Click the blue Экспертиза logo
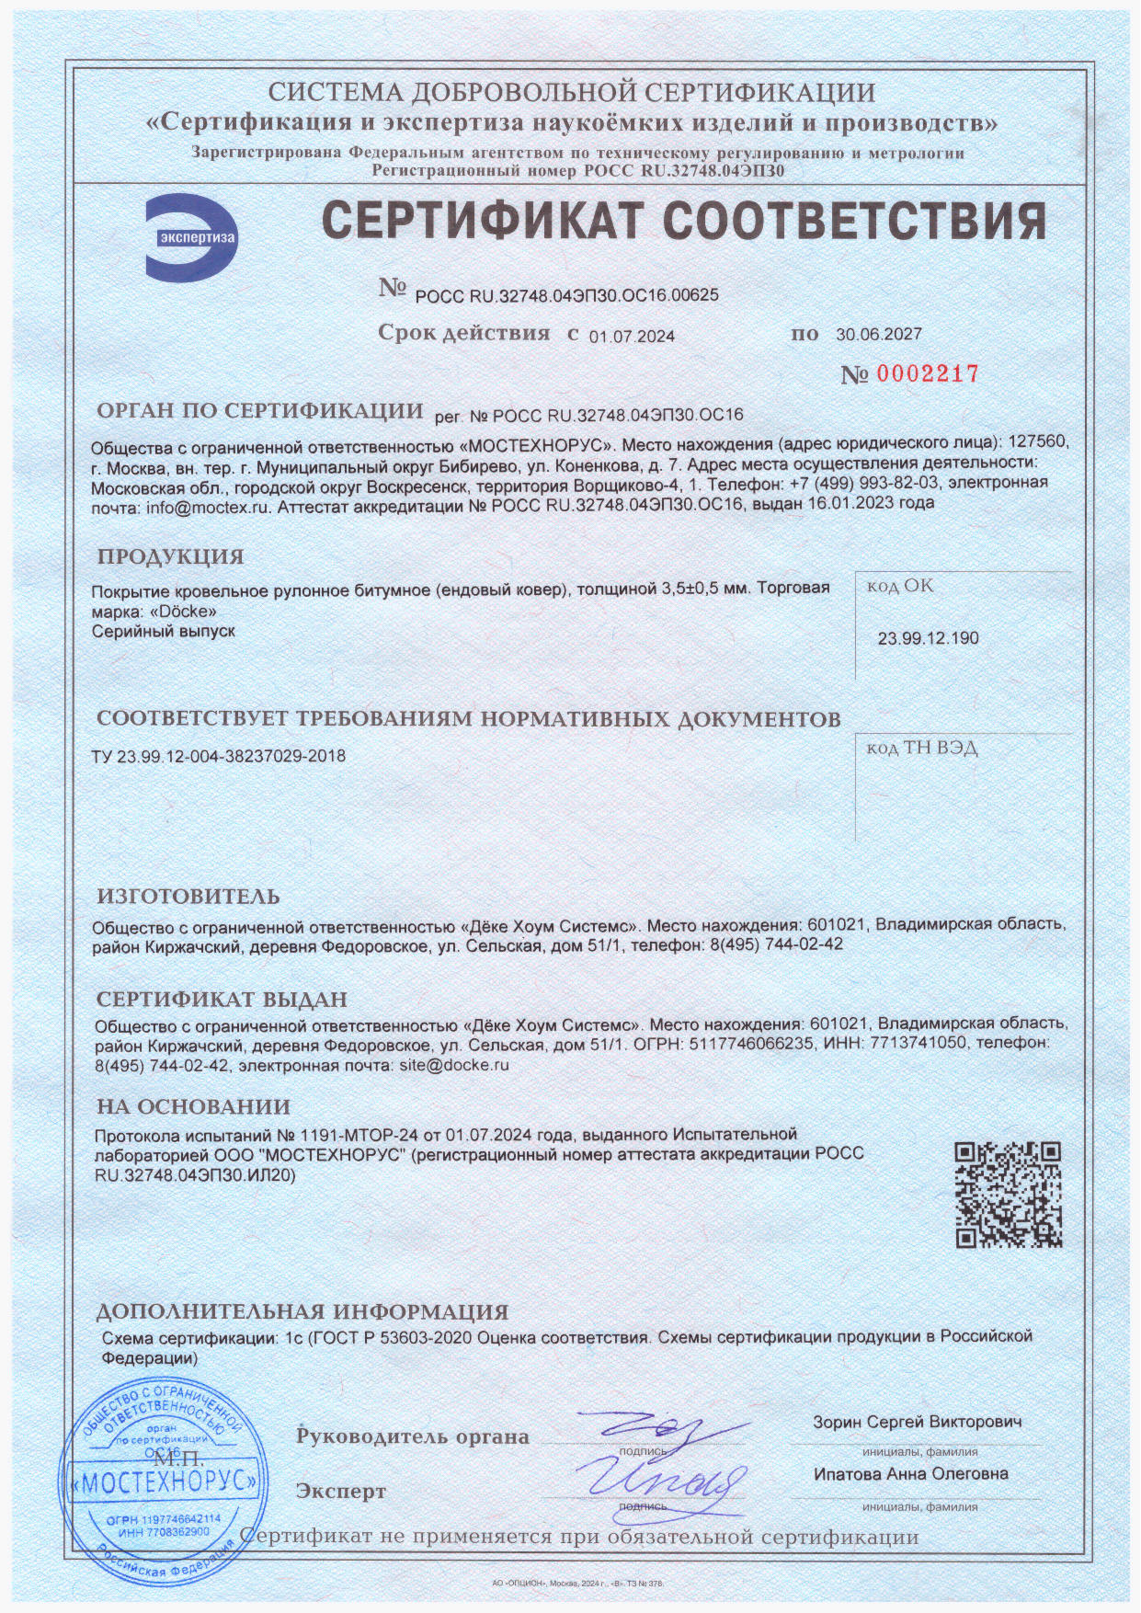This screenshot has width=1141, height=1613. pos(192,238)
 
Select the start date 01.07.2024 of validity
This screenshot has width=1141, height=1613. pos(632,337)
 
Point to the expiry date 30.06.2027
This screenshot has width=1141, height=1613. pos(878,335)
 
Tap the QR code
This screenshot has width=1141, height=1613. pos(1008,1195)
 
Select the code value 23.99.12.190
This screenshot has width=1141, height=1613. pos(928,638)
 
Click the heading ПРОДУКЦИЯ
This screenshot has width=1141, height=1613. pos(171,556)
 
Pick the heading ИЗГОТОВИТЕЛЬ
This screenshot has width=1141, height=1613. pos(188,897)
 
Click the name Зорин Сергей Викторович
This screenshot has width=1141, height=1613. pos(917,1422)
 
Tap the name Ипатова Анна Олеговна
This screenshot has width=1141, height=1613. pos(910,1474)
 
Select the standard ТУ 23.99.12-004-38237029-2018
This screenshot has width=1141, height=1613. pos(219,756)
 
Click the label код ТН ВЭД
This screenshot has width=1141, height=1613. pos(921,748)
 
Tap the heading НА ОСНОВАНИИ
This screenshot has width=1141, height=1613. pos(193,1107)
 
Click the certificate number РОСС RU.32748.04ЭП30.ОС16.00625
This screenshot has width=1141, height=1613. pos(566,295)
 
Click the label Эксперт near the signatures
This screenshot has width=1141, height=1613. pos(341,1492)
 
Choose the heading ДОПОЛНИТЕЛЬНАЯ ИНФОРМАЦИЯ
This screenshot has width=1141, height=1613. pos(302,1311)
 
